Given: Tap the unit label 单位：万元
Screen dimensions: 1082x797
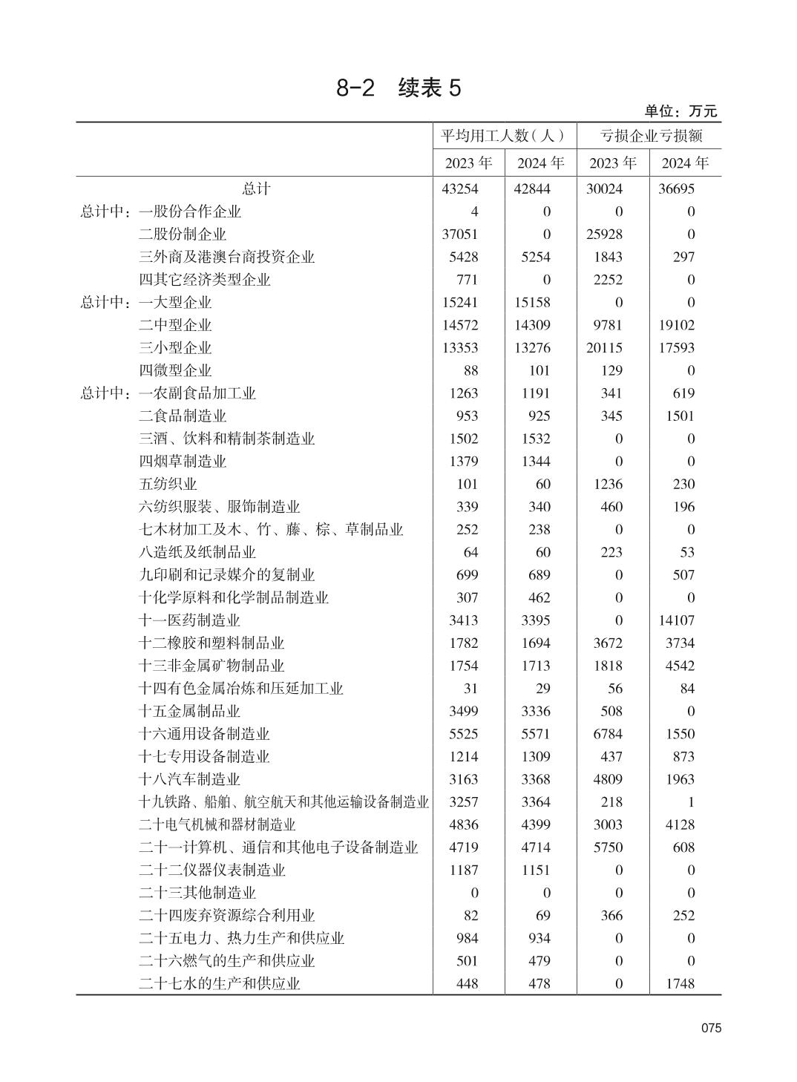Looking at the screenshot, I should coord(680,111).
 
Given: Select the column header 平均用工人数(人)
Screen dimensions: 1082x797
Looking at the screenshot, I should coord(504,136).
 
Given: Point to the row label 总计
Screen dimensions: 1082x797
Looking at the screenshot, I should coord(256,189).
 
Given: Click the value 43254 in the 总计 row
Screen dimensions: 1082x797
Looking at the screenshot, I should coord(459,189).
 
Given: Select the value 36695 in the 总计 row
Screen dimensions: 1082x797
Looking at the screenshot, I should coord(676,189).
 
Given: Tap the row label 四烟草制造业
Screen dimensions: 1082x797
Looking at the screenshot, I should coord(182,462).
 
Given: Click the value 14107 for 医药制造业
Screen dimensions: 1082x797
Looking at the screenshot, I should coord(676,620).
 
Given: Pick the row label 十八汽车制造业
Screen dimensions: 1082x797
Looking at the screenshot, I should coord(189,779).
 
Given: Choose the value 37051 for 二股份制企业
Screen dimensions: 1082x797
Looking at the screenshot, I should coord(459,235).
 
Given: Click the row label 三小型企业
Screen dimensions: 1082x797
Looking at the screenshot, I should coord(174,348).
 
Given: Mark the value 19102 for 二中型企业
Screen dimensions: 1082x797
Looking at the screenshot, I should coord(676,325).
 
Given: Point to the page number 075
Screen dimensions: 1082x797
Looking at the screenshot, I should coord(710,1029).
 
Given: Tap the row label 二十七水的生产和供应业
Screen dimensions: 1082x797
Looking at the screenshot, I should coord(219,984).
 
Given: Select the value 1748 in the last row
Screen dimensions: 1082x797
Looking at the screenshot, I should coord(680,984).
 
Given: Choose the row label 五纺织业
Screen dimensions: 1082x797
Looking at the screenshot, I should coord(168,485).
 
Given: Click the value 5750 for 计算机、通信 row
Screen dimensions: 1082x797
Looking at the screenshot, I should coord(608,847).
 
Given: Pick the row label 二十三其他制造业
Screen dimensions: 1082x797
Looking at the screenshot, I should coord(197,893).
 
